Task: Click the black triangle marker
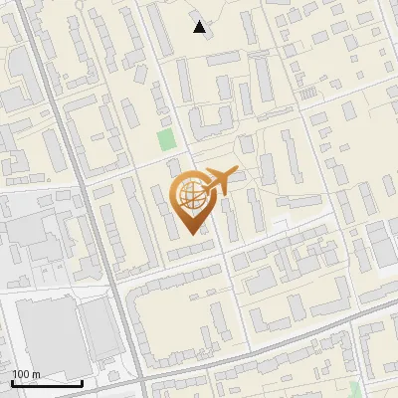click(x=200, y=27)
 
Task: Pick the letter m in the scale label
click(x=36, y=375)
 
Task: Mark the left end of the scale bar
click(x=12, y=383)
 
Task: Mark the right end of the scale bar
click(x=82, y=383)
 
